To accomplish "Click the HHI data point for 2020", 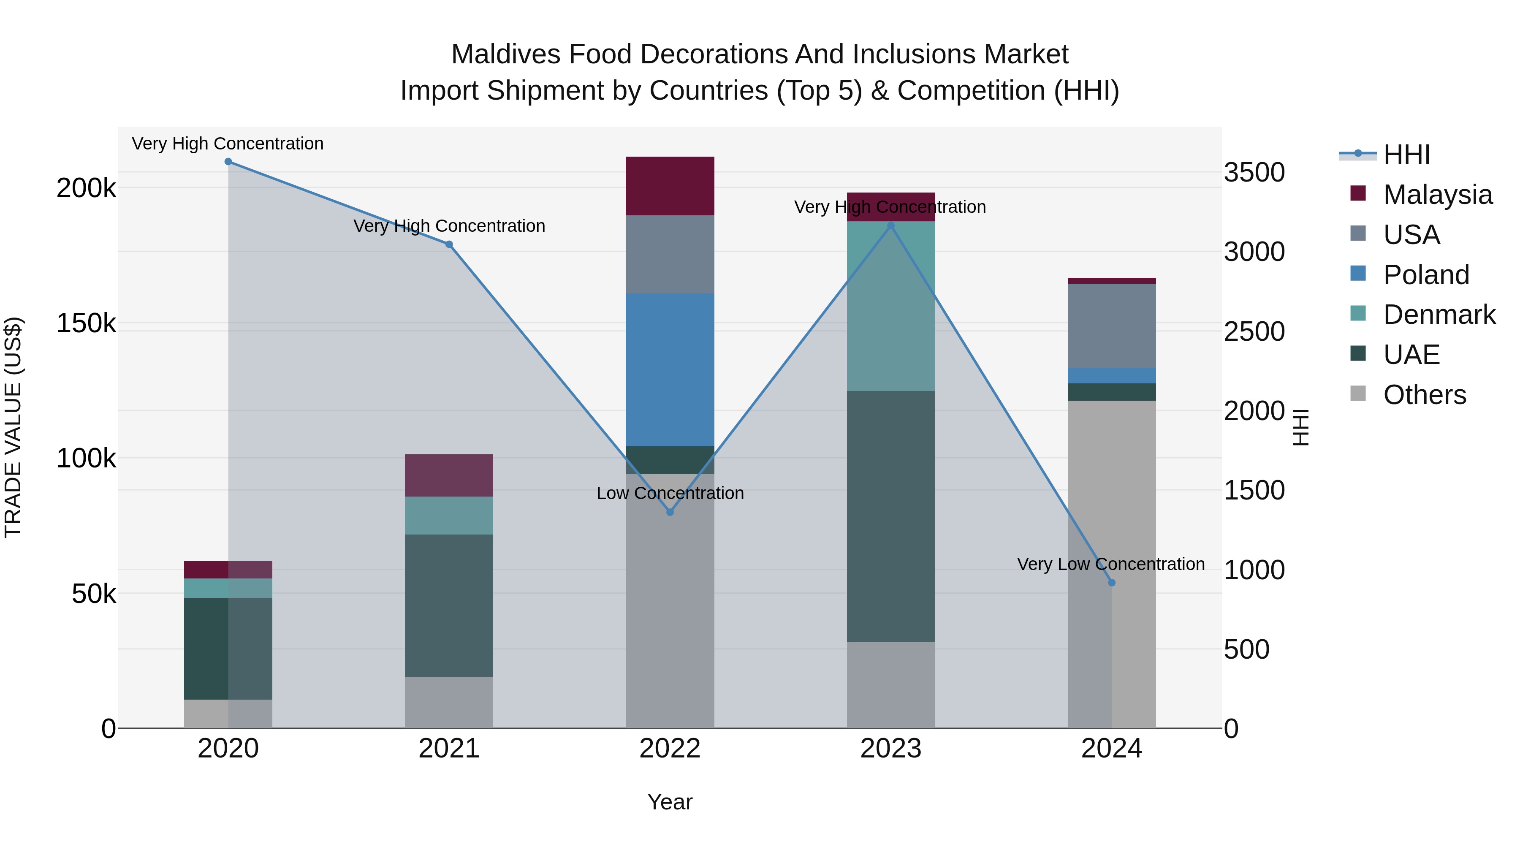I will tap(228, 162).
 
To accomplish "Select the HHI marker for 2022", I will tap(670, 512).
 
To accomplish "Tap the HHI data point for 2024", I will tap(1112, 582).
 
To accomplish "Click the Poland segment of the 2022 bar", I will tap(670, 370).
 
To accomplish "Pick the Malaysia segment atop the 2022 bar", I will tap(670, 186).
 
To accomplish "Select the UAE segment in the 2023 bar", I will tap(890, 516).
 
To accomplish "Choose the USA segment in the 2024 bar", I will tap(1112, 326).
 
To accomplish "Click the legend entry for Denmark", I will tap(1439, 315).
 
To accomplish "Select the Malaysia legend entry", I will tap(1437, 195).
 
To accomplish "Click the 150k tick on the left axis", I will tap(86, 323).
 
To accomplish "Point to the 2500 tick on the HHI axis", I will tap(1254, 331).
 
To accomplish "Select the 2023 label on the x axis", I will tap(890, 749).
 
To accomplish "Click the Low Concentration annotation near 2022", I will tap(670, 493).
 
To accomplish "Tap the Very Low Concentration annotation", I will tap(1110, 564).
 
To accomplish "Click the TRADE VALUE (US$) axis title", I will tap(13, 427).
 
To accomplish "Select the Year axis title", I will tap(670, 802).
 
